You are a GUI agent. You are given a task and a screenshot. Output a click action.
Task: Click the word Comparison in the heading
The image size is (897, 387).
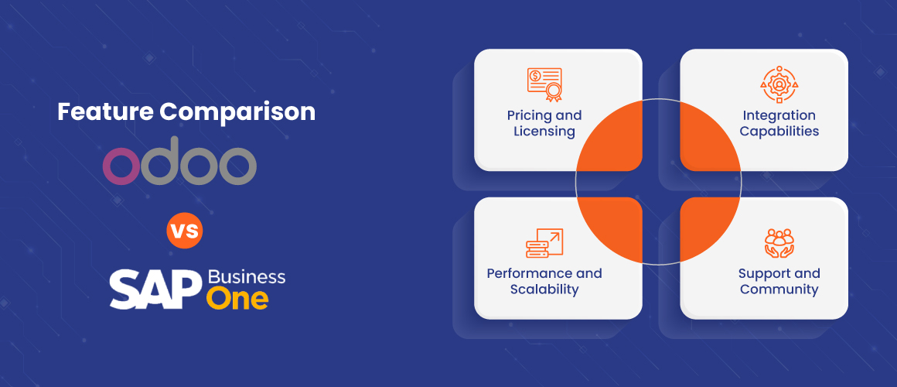pos(237,113)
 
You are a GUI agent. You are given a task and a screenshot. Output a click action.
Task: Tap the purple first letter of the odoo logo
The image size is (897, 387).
pos(121,166)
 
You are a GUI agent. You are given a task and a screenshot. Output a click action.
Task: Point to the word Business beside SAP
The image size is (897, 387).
pos(247,276)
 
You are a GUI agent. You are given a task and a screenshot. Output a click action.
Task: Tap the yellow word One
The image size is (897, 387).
pos(237,299)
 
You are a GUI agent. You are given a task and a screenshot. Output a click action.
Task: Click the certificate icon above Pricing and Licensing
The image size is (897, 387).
pos(544,84)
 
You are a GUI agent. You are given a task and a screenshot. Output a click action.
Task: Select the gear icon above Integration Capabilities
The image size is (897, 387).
pos(779,84)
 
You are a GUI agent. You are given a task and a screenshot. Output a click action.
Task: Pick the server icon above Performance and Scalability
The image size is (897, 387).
pos(544,243)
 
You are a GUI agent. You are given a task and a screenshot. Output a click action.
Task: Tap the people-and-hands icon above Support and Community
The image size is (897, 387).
pos(779,243)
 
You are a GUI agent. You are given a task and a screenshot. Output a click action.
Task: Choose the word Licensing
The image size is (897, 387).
pos(544,131)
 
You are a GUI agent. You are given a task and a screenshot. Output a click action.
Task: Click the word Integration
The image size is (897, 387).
pos(779,115)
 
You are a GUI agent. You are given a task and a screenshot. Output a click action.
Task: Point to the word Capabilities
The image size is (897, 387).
pos(779,131)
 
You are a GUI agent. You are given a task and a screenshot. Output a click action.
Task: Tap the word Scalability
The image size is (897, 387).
pos(544,289)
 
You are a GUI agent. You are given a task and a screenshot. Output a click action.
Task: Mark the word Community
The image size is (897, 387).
pos(779,289)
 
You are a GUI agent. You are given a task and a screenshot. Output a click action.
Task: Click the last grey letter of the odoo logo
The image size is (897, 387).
pos(237,166)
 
